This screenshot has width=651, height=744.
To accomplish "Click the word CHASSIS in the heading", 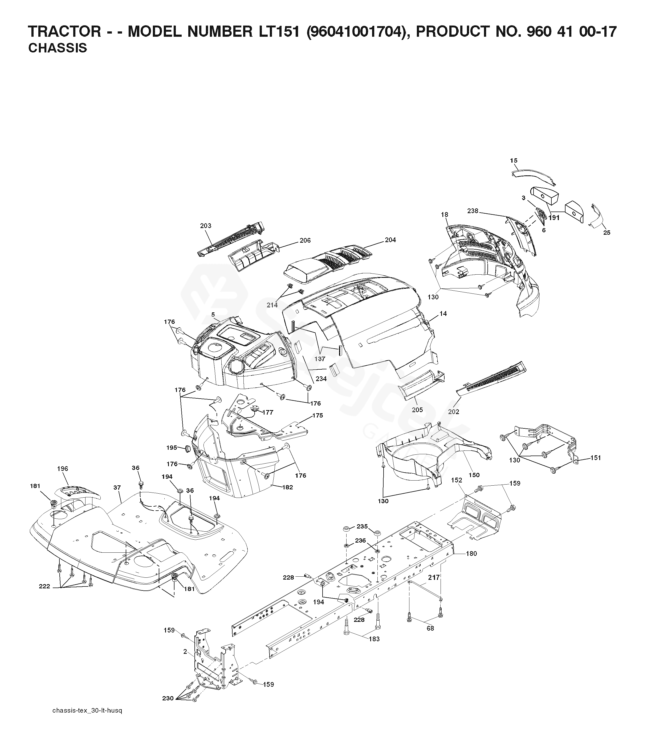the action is click(x=58, y=48).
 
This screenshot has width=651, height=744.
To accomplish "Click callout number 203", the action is click(x=206, y=225).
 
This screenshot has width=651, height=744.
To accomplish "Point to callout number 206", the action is click(x=305, y=240).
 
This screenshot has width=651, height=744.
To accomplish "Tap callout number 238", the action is click(x=473, y=210).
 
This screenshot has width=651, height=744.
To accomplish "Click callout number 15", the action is click(x=514, y=160).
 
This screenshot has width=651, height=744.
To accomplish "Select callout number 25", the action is click(x=607, y=233).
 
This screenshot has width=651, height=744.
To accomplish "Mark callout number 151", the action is click(x=596, y=458).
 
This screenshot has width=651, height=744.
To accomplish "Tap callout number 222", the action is click(x=44, y=596).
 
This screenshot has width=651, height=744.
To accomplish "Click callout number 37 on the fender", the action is click(x=117, y=488).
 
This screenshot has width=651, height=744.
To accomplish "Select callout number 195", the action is click(x=172, y=448).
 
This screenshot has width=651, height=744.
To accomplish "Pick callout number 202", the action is click(x=454, y=412).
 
